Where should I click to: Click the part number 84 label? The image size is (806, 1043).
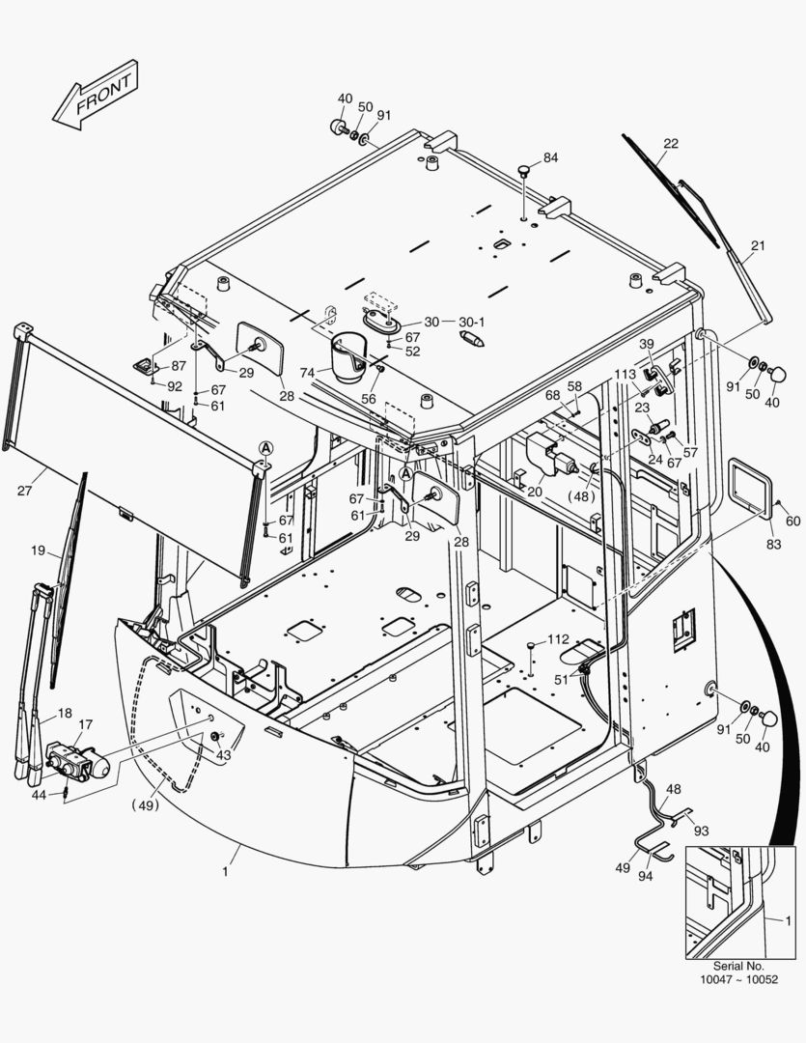(x=550, y=157)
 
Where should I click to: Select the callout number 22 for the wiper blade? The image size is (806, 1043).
(x=671, y=144)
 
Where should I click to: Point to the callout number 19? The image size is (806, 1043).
(x=38, y=551)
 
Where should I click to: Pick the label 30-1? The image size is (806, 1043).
(x=472, y=322)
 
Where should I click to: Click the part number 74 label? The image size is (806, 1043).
(x=307, y=373)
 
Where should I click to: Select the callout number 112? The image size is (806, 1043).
(x=559, y=639)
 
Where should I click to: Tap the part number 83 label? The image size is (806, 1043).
(x=774, y=545)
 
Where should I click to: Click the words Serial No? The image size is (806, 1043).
(x=738, y=966)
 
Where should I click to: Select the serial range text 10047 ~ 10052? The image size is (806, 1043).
(x=738, y=980)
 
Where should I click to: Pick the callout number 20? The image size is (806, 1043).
(x=534, y=491)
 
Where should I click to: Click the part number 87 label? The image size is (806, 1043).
(x=179, y=366)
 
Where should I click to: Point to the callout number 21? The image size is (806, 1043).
(x=758, y=246)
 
